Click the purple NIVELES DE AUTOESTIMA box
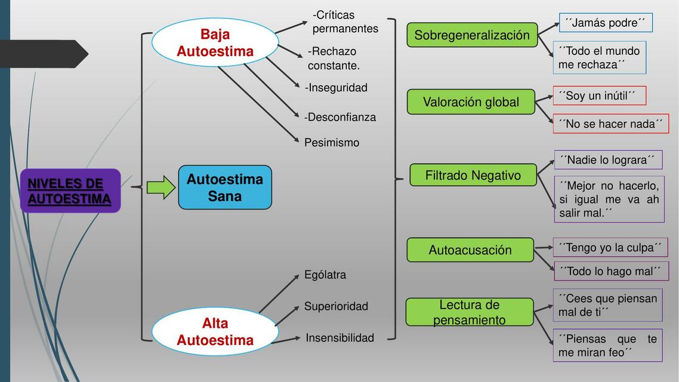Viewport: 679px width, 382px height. pos(70,191)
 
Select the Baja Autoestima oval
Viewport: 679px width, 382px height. pos(215,43)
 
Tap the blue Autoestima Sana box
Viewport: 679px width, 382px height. pos(225,187)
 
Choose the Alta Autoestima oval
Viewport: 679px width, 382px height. pos(215,332)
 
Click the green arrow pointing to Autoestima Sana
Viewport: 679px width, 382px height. pos(161,187)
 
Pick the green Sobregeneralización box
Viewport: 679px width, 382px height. pos(472,35)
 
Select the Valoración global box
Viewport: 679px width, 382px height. pos(471,102)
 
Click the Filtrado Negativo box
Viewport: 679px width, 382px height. pos(473,175)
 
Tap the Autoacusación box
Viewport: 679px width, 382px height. pos(470,250)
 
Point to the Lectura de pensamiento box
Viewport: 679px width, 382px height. pos(469,312)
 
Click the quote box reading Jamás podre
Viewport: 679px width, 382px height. pos(605,23)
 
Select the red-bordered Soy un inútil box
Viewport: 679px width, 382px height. pos(598,95)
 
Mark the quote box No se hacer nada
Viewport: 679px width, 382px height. pos(610,124)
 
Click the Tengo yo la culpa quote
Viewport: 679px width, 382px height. pos(610,247)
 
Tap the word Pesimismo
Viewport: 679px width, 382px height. pos(332,143)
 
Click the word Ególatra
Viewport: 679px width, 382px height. pos(325,275)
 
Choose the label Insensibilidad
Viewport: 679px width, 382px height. pos(339,338)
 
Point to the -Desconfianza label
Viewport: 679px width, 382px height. pos(340,117)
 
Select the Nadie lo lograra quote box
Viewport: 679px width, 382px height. pos(607,160)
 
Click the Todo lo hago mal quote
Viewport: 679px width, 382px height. pos(610,271)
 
